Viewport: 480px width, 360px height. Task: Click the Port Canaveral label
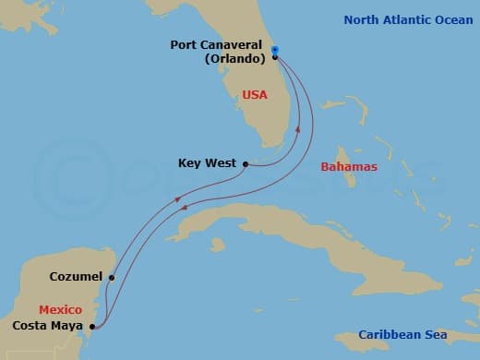pyautogui.click(x=218, y=43)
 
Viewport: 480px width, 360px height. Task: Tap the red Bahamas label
pyautogui.click(x=349, y=167)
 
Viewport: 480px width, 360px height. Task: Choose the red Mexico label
pyautogui.click(x=61, y=309)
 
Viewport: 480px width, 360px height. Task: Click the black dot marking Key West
pyautogui.click(x=246, y=164)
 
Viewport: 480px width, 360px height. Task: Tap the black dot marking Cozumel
pyautogui.click(x=112, y=276)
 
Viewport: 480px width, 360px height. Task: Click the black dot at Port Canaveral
pyautogui.click(x=275, y=57)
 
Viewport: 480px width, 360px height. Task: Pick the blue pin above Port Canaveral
pyautogui.click(x=275, y=49)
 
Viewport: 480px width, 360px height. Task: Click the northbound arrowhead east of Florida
pyautogui.click(x=297, y=130)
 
